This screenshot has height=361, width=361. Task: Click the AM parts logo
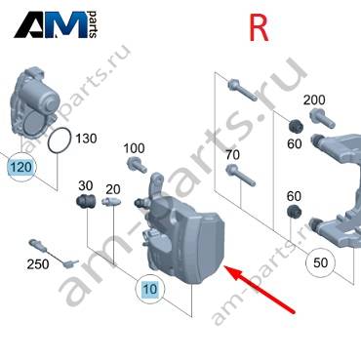56,24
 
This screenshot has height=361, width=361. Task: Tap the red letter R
259,28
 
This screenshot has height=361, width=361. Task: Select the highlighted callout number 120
21,167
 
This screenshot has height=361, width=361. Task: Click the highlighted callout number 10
150,289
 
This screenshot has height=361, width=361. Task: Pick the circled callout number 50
320,262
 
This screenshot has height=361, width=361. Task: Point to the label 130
86,139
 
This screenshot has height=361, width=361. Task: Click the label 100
134,148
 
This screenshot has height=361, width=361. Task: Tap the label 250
38,264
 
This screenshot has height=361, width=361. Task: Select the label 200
314,100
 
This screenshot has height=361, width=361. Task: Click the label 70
232,155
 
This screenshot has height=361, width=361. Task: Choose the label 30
86,185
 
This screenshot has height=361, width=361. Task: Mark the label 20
113,189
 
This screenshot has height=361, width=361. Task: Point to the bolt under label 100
137,165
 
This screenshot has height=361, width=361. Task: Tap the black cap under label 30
86,200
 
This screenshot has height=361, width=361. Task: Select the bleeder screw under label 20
111,201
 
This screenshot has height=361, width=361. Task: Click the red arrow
260,290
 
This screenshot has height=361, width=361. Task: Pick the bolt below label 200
322,118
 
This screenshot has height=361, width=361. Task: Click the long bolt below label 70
241,175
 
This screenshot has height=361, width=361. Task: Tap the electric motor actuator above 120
33,100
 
